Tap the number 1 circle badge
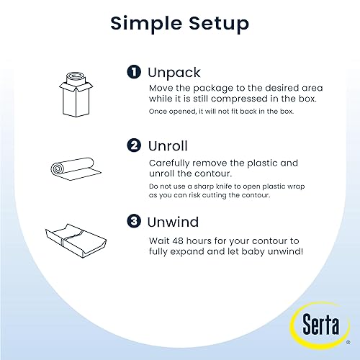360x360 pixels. click(x=134, y=73)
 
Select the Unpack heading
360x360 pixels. click(x=175, y=73)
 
